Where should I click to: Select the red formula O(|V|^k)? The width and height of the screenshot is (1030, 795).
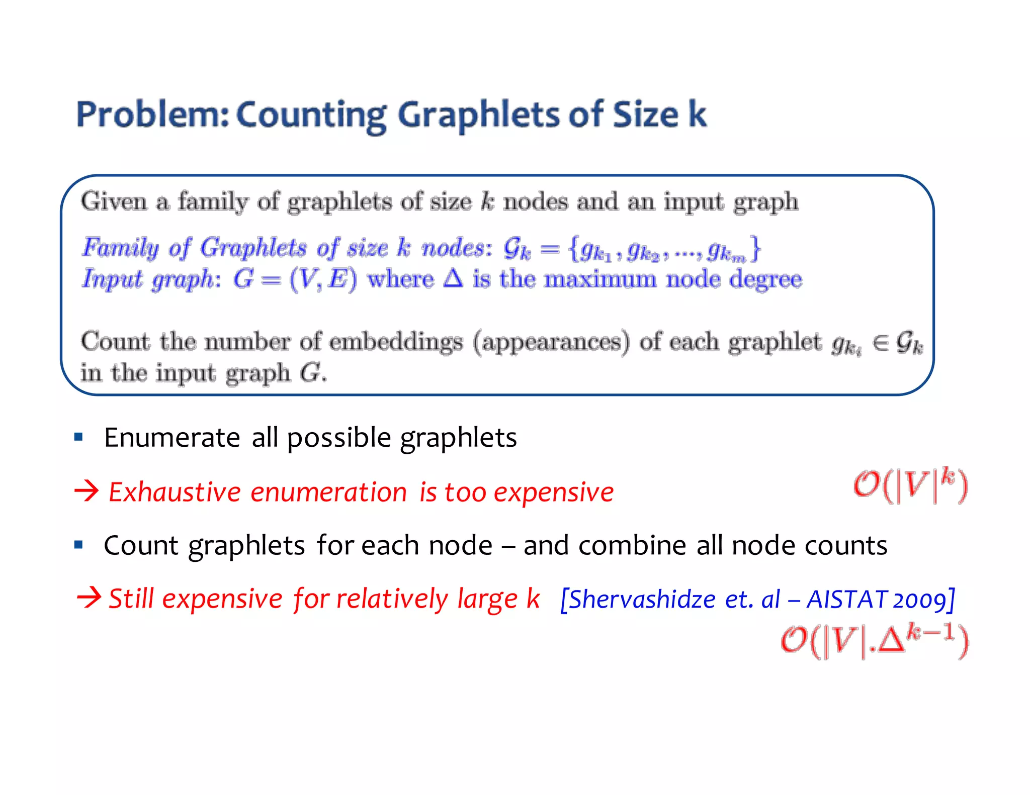coord(910,485)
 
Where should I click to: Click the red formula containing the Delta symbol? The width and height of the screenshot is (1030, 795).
coord(875,641)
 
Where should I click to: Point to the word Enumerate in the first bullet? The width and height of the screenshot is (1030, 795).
coord(171,437)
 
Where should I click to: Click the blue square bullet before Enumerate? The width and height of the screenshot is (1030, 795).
coord(78,437)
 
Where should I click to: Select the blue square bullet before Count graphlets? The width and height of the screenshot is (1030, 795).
coord(78,545)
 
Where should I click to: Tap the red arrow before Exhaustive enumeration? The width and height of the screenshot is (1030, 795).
coord(87,491)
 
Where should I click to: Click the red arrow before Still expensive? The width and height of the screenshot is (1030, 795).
coord(89,598)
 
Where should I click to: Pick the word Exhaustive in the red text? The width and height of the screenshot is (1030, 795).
coord(175,492)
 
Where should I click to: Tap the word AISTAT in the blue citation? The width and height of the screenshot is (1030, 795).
coord(847,599)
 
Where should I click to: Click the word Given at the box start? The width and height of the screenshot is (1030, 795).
coord(114,202)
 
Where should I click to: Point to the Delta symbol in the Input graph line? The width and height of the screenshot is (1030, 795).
coord(453,278)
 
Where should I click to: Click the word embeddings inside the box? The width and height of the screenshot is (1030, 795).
coord(396,342)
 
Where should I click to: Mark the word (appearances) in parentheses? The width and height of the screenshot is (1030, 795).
coord(551,342)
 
